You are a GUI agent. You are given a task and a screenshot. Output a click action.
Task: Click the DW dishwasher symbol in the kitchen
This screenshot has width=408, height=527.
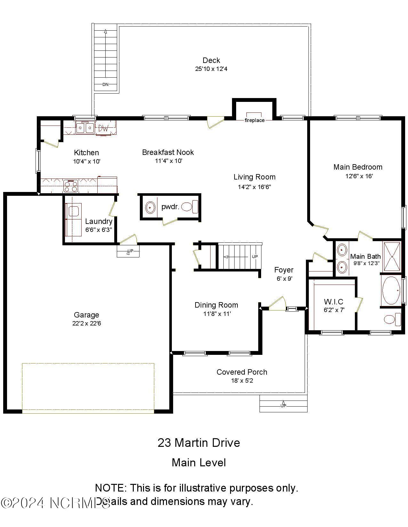[x=103, y=128]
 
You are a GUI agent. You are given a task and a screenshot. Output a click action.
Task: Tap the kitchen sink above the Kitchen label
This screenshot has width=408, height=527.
[x=85, y=128]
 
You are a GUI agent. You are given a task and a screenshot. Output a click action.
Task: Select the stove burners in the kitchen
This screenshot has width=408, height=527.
[x=71, y=186]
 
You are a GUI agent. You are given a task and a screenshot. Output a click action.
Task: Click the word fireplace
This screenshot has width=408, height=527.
[x=254, y=120]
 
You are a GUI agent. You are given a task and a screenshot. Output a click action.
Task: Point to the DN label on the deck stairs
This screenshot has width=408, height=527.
[x=105, y=85]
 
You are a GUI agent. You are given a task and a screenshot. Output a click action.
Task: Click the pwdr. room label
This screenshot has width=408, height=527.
[x=170, y=207]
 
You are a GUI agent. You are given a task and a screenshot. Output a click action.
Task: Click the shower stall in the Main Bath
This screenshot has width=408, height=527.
[x=392, y=256]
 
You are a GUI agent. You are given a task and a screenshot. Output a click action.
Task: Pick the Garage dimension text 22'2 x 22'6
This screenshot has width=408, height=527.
[x=86, y=323]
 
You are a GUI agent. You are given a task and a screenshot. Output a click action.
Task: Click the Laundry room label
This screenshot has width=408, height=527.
[x=99, y=221]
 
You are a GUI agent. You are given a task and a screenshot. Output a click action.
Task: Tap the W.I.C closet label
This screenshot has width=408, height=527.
[x=333, y=302]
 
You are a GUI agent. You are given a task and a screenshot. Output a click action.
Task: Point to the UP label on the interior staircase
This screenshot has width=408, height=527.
[x=255, y=256]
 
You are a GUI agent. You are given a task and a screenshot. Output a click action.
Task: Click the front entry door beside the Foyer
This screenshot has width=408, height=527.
[x=277, y=304]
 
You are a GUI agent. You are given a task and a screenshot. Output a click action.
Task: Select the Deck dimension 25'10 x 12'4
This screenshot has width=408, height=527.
[x=211, y=69]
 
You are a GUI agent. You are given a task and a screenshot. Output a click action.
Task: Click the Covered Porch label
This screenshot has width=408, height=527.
[x=242, y=372]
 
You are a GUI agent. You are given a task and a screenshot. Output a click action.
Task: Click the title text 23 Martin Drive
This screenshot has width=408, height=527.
[x=199, y=443]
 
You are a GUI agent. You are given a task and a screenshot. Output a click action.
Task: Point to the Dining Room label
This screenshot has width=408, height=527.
[x=216, y=305]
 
